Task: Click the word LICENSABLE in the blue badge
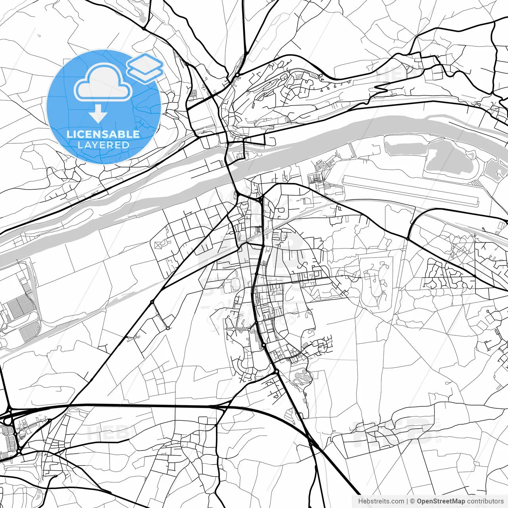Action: coord(103,134)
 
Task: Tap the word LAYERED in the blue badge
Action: coord(103,145)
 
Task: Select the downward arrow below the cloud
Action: coord(98,115)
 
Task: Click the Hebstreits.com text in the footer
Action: coord(381,501)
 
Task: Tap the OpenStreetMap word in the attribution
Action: coord(441,501)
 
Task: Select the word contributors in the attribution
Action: coord(485,501)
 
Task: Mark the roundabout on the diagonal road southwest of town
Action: coord(152,302)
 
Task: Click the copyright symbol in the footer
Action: coord(412,501)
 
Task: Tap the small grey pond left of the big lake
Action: coord(401,147)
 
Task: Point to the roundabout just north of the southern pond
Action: coord(276,371)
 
